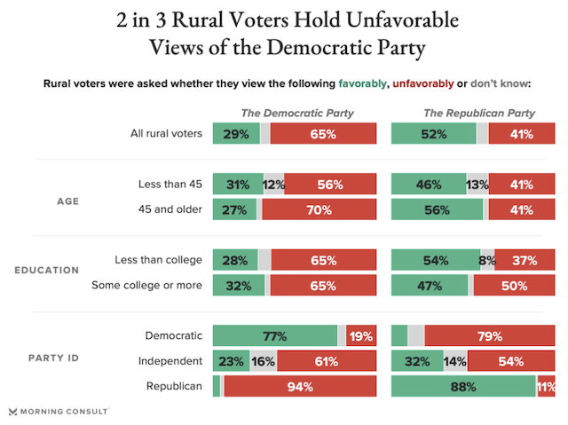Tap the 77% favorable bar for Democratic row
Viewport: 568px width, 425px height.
click(x=274, y=336)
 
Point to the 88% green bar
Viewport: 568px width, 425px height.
click(x=462, y=386)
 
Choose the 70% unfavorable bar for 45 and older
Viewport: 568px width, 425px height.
click(x=319, y=210)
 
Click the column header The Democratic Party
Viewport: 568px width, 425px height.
click(x=297, y=113)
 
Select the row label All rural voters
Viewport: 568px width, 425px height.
click(x=166, y=134)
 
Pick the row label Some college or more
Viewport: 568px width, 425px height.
click(x=147, y=285)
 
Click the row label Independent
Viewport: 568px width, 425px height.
click(x=170, y=361)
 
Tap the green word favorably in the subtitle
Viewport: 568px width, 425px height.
click(x=362, y=84)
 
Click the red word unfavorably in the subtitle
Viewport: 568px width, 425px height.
click(x=421, y=84)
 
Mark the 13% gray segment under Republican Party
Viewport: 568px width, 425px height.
click(x=478, y=185)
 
